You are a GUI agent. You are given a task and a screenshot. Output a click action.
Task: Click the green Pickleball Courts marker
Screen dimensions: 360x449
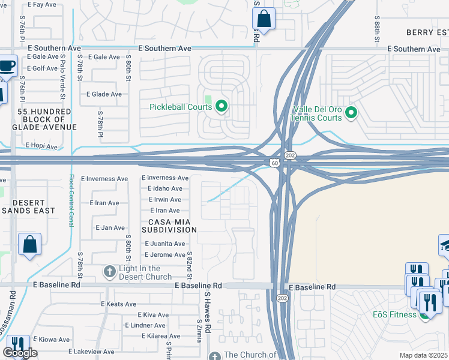[221, 107]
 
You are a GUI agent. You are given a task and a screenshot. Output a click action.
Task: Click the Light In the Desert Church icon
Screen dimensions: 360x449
[109, 272]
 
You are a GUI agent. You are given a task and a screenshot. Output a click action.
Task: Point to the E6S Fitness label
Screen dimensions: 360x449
[394, 315]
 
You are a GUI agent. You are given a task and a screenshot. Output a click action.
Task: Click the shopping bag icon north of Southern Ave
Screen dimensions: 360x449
[264, 19]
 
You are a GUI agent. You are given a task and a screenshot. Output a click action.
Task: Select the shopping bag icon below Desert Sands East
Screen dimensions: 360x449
[29, 245]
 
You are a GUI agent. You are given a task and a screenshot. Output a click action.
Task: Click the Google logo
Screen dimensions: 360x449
[19, 353]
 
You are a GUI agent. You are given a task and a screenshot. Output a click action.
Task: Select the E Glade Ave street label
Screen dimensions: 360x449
[104, 94]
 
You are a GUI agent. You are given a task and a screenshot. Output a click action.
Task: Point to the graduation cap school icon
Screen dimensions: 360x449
[445, 245]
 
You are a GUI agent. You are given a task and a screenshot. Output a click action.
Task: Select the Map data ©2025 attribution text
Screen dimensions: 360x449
[423, 355]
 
